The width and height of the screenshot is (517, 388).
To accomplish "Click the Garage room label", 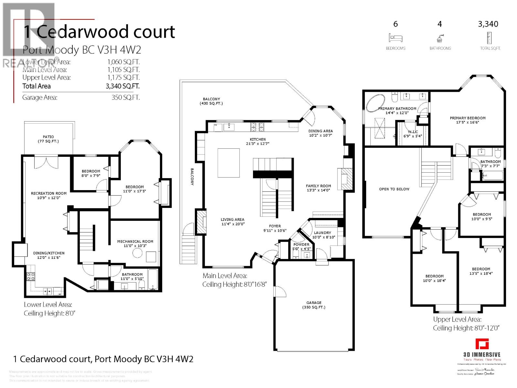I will point(314,305).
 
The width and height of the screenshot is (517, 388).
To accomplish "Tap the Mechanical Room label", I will point(135,243).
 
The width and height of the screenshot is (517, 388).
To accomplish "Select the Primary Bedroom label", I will point(468,120).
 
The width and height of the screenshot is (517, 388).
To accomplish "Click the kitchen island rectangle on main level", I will point(228,163).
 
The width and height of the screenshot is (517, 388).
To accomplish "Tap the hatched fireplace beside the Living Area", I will point(201,221).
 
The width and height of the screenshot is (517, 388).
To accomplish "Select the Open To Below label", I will point(394,189).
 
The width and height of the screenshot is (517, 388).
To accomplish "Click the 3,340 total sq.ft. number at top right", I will point(488,24).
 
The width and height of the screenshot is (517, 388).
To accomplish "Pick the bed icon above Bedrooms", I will point(396,38).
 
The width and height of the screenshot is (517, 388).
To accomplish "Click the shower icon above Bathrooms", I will point(440,38).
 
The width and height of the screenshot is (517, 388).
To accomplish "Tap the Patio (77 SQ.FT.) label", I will point(48,139).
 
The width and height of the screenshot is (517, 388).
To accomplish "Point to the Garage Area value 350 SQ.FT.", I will point(125,97).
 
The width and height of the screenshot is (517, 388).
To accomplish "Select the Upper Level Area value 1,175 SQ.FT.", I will point(123,78).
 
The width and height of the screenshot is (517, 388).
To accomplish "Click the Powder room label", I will point(301,246).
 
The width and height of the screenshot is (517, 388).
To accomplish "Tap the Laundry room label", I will point(322,235).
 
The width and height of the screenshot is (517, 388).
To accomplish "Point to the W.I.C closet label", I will point(413,134).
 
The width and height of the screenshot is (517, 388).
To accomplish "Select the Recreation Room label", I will point(48,195).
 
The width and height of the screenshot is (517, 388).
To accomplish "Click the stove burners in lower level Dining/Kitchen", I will point(31,276).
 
